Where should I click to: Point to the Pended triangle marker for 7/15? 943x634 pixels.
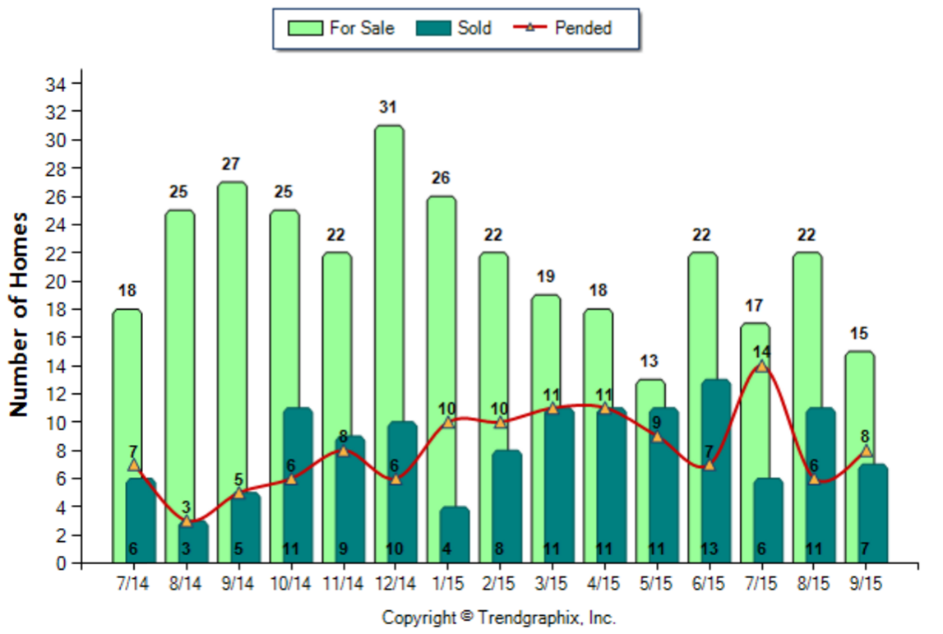(761, 366)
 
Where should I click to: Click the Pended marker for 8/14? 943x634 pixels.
(187, 521)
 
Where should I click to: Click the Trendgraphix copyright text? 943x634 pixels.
(498, 618)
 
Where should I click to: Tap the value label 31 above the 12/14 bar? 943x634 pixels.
(389, 107)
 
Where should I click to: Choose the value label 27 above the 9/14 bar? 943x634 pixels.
(231, 164)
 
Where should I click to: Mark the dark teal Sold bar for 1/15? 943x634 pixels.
(455, 535)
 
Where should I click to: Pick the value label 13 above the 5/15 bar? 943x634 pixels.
(649, 361)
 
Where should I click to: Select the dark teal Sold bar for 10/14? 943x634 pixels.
(297, 485)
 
